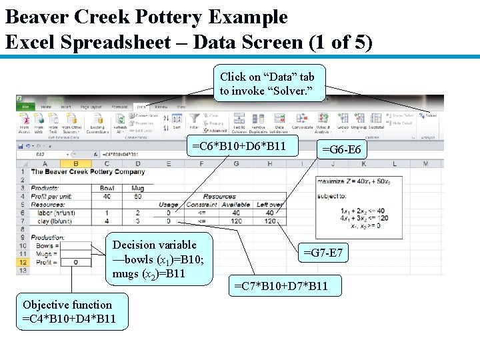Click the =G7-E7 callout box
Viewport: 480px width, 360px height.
323,253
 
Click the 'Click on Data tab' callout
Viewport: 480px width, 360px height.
267,83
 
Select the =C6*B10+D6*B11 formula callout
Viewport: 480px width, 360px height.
239,146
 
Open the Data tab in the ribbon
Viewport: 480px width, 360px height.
141,107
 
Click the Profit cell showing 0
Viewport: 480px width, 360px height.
75,262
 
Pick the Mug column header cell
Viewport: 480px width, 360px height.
137,189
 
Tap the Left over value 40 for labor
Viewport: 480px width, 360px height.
270,213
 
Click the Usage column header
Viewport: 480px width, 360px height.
169,205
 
